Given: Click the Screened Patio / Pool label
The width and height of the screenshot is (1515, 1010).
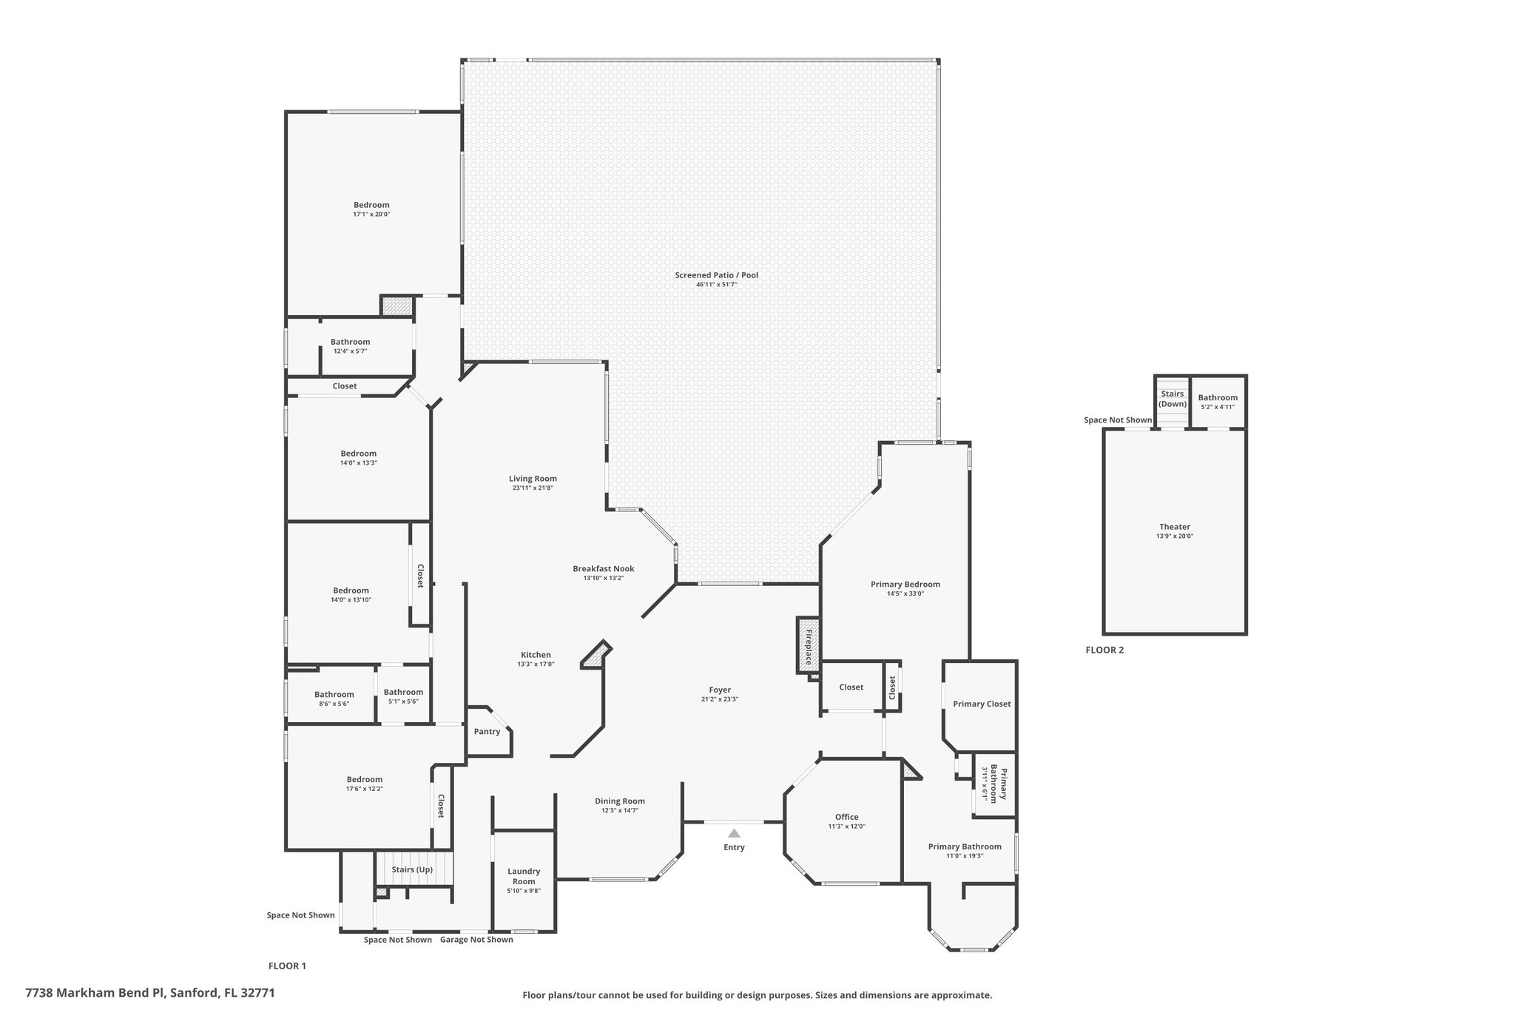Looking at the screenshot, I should point(716,275).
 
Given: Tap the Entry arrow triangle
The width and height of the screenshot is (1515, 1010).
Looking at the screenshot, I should point(734,833).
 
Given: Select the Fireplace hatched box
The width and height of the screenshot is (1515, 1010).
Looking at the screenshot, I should point(807,645).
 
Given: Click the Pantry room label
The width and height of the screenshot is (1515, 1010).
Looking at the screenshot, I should point(487,732).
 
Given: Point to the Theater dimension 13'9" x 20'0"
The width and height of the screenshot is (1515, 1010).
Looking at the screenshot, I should point(1175,536).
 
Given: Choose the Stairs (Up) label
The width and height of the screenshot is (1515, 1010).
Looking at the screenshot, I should point(412,869).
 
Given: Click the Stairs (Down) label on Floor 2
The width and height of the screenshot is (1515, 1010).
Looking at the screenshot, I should point(1172,399).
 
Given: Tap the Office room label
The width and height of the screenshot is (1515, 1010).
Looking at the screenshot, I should point(846,817).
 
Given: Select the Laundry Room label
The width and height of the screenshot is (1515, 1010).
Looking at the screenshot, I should point(524,876).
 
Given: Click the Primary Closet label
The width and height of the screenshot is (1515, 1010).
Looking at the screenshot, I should point(982,704).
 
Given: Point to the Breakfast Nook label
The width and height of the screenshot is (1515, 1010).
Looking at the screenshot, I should point(603,569).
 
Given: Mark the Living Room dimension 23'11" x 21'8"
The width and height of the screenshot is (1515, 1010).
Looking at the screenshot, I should point(533,488).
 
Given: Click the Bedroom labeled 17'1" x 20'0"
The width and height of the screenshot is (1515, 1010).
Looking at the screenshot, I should point(371,205).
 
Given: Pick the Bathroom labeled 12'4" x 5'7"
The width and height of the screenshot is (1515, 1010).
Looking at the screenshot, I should point(350,342).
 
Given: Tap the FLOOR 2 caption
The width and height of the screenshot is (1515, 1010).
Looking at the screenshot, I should point(1104,650).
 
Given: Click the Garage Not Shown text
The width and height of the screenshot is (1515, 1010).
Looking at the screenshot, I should point(476,940).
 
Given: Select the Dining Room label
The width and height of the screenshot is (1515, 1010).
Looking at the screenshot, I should point(620,801).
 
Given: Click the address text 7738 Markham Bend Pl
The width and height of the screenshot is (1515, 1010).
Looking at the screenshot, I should point(96,992).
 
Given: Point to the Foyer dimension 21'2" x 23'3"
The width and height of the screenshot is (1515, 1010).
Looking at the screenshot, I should point(720,699).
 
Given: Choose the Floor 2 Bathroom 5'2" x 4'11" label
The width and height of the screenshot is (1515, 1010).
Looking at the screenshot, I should point(1218,397).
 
